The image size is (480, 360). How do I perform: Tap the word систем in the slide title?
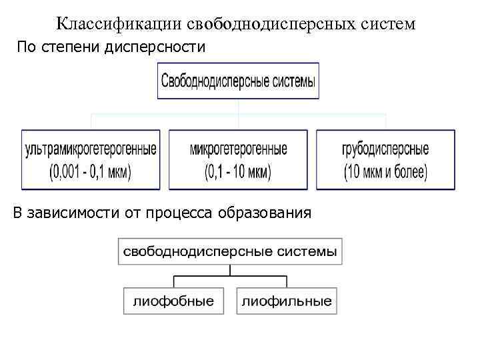pos(388,24)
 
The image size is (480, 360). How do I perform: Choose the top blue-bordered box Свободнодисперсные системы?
pos(239,82)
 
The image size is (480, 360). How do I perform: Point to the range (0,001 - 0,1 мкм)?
pos(91,171)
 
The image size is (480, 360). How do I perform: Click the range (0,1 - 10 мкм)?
pos(238,171)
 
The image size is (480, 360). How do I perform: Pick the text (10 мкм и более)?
pos(385,171)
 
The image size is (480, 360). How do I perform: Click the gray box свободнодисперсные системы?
pos(230,253)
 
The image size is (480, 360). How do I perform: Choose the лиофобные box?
pos(174,301)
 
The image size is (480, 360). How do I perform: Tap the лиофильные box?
pos(287,301)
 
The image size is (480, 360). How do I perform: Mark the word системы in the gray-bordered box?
pos(307,253)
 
